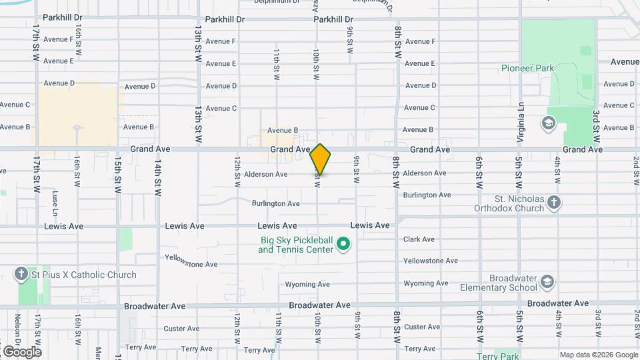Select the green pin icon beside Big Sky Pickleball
coord(344,245)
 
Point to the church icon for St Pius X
coord(21,274)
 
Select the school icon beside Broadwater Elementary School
coord(548,282)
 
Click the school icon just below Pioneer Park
coord(548,123)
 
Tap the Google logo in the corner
coord(22,351)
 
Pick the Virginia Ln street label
coord(521,121)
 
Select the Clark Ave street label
coord(419,239)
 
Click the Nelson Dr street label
coord(17,331)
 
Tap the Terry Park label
coord(497,356)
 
